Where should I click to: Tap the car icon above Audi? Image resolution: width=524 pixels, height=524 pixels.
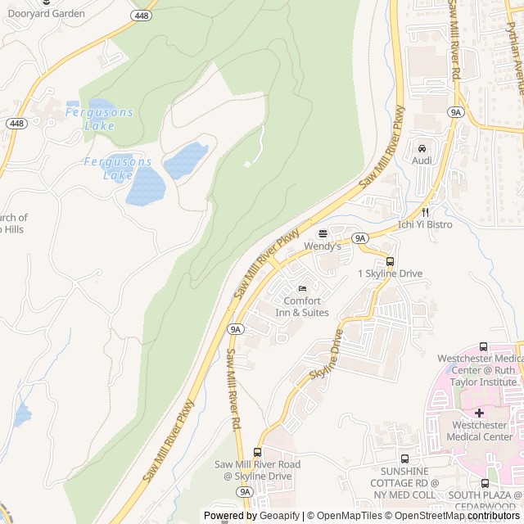click(x=422, y=148)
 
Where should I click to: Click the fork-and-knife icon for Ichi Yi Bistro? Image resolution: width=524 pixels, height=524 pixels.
click(x=425, y=211)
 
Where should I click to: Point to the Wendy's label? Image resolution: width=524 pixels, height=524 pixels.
click(x=322, y=246)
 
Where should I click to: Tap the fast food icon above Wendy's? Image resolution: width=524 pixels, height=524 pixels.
click(x=323, y=233)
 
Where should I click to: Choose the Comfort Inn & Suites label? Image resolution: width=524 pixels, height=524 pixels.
click(x=302, y=306)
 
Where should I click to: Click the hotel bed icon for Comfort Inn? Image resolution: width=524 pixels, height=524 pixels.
click(x=302, y=288)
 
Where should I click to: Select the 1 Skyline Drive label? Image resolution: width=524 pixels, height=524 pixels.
click(x=390, y=273)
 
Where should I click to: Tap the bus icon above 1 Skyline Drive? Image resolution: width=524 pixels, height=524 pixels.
click(x=390, y=262)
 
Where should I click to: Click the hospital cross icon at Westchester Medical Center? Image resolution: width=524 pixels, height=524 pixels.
click(x=479, y=413)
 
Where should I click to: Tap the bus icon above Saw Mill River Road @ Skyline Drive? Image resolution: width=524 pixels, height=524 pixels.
click(x=258, y=452)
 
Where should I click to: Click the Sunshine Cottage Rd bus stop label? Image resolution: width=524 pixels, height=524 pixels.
click(x=404, y=483)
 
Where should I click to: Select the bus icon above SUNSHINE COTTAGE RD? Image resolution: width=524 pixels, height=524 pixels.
click(x=404, y=459)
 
